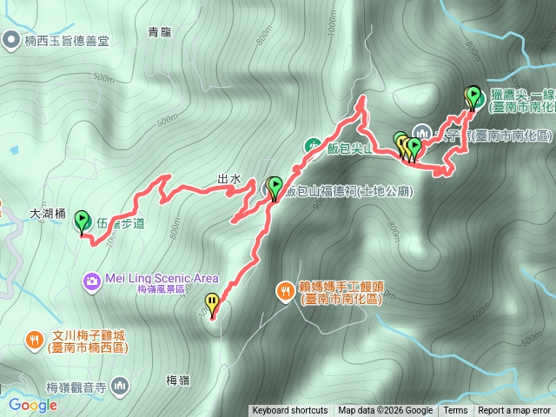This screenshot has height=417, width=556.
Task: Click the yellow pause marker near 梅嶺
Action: pos(212,303)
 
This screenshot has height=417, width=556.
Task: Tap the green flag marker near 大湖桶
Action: pos(83,221)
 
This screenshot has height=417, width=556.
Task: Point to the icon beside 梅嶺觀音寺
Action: pos(119,384)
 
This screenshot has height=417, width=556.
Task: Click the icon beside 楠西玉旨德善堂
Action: pos(10,38)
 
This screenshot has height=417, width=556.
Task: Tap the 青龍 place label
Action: pos(160,33)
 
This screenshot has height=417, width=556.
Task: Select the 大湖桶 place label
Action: pos(48,212)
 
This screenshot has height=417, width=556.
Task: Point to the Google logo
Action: pos(33,405)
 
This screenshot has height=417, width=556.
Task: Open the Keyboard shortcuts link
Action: pos(290,411)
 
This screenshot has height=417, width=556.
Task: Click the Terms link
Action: pos(455,411)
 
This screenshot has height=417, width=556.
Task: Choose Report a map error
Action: pos(514,411)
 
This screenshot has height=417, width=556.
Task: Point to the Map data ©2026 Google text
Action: pos(385,411)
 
